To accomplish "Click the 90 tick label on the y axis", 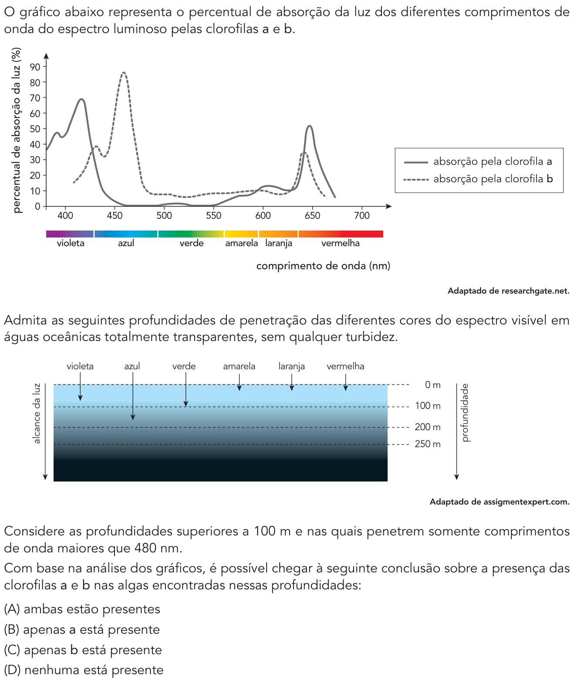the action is click(x=35, y=67).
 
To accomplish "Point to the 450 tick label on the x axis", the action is click(x=115, y=216).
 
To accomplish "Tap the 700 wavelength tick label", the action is click(x=362, y=216).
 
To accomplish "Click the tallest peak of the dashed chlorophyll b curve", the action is click(x=124, y=73).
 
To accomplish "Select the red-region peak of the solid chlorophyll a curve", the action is click(x=309, y=126).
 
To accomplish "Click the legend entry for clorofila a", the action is click(x=478, y=162).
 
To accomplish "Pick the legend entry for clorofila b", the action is click(x=478, y=179).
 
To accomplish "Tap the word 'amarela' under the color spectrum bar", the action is click(x=241, y=243).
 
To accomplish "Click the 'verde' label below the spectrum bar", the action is click(x=191, y=243).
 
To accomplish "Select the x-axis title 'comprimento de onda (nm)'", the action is click(x=323, y=266).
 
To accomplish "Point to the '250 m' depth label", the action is click(x=428, y=444).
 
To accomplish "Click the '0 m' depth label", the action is click(x=432, y=385).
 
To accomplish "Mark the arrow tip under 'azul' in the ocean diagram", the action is click(x=133, y=420).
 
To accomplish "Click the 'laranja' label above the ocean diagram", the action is click(x=291, y=366).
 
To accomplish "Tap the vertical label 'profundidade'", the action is click(x=465, y=412).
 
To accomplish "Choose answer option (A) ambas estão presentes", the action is click(x=82, y=609).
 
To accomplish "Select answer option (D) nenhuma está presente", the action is click(x=84, y=670).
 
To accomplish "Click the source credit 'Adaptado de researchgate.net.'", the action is click(x=508, y=291).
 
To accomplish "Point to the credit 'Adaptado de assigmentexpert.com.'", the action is click(x=500, y=501).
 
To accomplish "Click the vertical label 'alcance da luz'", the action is click(x=37, y=413).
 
